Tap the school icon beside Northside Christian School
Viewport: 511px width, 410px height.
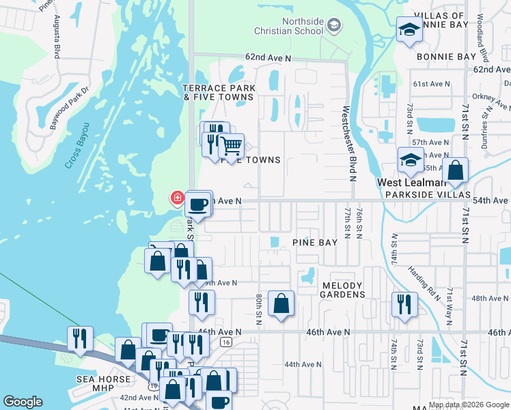click(x=333, y=27)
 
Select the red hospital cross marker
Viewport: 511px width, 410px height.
click(x=177, y=198)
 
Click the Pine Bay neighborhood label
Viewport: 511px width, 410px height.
click(x=315, y=243)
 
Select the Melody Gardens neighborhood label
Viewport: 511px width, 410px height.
click(x=344, y=289)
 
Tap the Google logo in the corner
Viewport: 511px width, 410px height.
click(x=23, y=402)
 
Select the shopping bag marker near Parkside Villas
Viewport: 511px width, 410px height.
click(x=456, y=171)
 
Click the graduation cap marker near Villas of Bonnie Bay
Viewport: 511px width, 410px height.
click(x=409, y=31)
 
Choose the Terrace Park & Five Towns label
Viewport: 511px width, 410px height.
click(x=219, y=93)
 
